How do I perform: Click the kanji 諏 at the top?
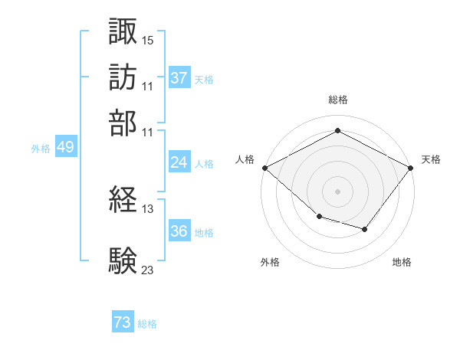pos(123,31)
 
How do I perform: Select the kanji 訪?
pos(123,77)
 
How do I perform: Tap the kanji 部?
pos(123,123)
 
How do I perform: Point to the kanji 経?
pos(123,199)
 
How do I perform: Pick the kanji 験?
pos(123,260)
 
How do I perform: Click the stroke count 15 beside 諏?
pos(147,41)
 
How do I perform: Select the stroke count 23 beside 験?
pos(147,270)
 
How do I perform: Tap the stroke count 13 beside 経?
pos(147,209)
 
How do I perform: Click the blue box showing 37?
pos(179,77)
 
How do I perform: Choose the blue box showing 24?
pos(179,162)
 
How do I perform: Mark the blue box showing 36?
pos(179,230)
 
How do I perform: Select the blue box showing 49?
pos(66,146)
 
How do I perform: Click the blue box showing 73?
pos(123,321)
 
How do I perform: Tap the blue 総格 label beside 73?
pos(147,324)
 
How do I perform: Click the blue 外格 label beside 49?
pos(41,149)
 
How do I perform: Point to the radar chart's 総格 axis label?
pos(338,100)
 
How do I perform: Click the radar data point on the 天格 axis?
pos(410,168)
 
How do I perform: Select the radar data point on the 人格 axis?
pos(265,168)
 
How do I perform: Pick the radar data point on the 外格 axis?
pos(320,216)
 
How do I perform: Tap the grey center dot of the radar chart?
pos(337,191)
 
